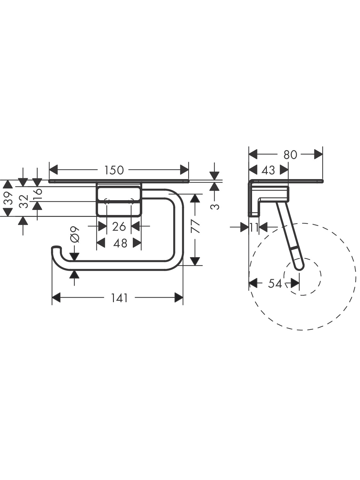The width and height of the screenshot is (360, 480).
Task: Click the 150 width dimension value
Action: [x=114, y=170]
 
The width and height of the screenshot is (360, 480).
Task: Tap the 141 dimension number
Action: [x=119, y=298]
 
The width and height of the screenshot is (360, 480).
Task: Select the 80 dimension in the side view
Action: [x=290, y=155]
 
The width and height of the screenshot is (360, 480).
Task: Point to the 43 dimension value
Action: [x=268, y=170]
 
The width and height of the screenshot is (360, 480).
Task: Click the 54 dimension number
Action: [x=275, y=284]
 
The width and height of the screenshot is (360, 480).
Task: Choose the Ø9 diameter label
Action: [x=75, y=234]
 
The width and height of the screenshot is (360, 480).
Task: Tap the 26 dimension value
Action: [x=119, y=226]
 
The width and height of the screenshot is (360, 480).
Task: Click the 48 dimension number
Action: [x=120, y=243]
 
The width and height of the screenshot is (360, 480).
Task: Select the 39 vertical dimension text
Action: [x=8, y=198]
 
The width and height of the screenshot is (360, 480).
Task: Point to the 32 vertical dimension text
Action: [x=24, y=201]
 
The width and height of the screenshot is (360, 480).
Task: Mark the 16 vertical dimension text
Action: [x=37, y=192]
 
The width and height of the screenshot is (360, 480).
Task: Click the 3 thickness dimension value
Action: [x=215, y=207]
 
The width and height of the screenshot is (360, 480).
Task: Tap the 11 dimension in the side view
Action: [x=254, y=228]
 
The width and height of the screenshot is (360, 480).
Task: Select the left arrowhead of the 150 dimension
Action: [x=53, y=170]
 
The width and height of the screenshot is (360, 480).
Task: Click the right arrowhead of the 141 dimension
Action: [x=179, y=298]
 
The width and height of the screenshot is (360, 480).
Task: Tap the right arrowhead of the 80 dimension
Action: [x=318, y=155]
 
